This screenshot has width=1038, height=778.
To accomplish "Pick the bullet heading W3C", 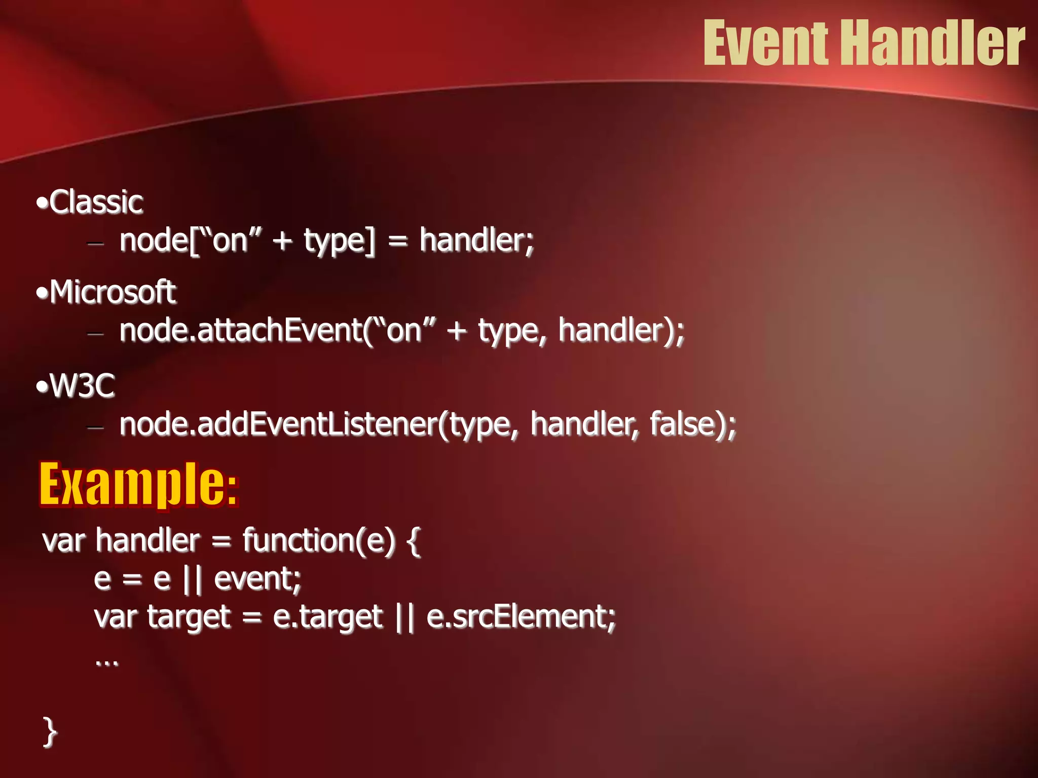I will tap(82, 386).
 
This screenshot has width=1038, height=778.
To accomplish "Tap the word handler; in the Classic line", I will tap(476, 240).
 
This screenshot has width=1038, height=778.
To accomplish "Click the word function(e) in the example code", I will tap(318, 539).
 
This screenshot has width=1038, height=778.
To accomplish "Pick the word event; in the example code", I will tap(257, 578).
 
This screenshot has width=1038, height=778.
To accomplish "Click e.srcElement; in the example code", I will tap(521, 617).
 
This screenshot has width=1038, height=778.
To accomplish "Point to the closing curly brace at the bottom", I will tap(49, 731).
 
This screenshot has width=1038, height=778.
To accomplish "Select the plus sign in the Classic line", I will tap(282, 241).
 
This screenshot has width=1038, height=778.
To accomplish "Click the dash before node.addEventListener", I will tap(95, 427).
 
